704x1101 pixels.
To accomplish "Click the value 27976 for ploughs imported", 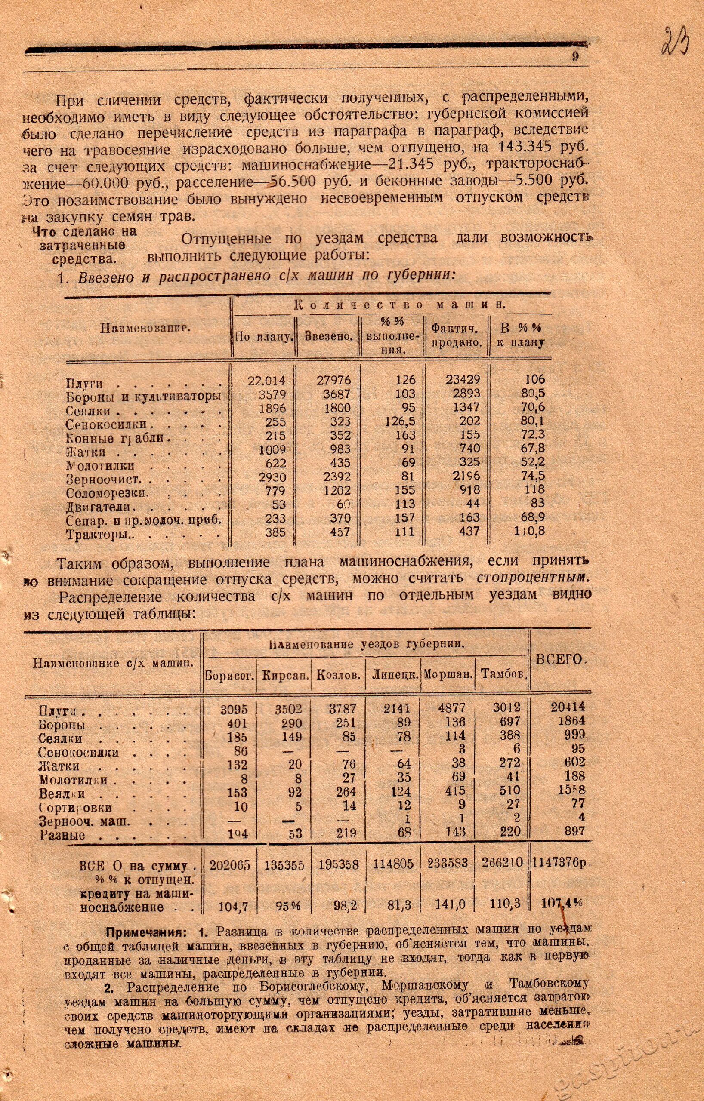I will click(333, 380).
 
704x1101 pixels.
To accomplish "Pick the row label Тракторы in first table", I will click(99, 534).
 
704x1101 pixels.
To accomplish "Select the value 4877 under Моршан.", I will click(451, 708).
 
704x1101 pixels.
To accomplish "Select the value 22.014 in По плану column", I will click(266, 381).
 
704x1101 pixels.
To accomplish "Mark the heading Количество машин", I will click(399, 304).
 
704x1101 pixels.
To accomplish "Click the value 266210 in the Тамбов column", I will click(501, 863).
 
